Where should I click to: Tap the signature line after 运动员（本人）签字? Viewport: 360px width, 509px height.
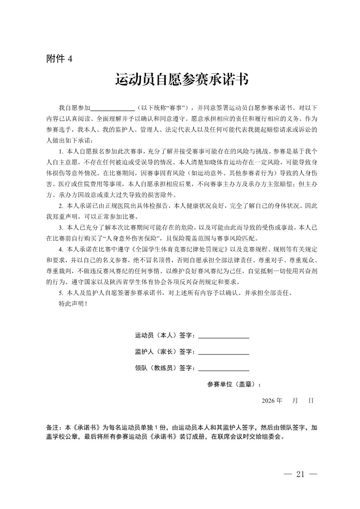224,337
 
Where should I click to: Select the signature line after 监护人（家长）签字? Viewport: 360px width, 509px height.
224,353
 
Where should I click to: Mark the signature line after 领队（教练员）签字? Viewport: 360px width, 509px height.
224,368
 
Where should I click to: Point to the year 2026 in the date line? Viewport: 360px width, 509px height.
268,401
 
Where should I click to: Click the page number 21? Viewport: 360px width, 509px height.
299,475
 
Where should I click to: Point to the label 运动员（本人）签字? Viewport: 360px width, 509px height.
165,336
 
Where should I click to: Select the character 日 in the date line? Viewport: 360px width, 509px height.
311,401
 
